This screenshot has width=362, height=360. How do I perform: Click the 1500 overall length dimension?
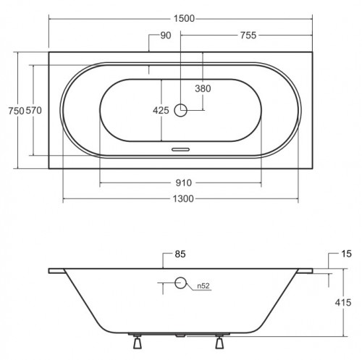(184, 19)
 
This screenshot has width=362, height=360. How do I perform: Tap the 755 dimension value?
(248, 35)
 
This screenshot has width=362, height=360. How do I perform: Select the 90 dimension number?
(166, 35)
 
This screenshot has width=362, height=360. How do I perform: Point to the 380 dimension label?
(203, 88)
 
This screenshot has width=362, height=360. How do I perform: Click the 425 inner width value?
(161, 111)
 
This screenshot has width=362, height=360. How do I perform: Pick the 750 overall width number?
(17, 111)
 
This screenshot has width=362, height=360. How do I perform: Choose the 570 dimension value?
(34, 111)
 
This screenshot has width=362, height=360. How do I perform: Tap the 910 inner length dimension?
(184, 183)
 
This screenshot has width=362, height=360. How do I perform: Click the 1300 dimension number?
(183, 199)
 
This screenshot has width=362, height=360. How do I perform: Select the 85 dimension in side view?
(180, 254)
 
